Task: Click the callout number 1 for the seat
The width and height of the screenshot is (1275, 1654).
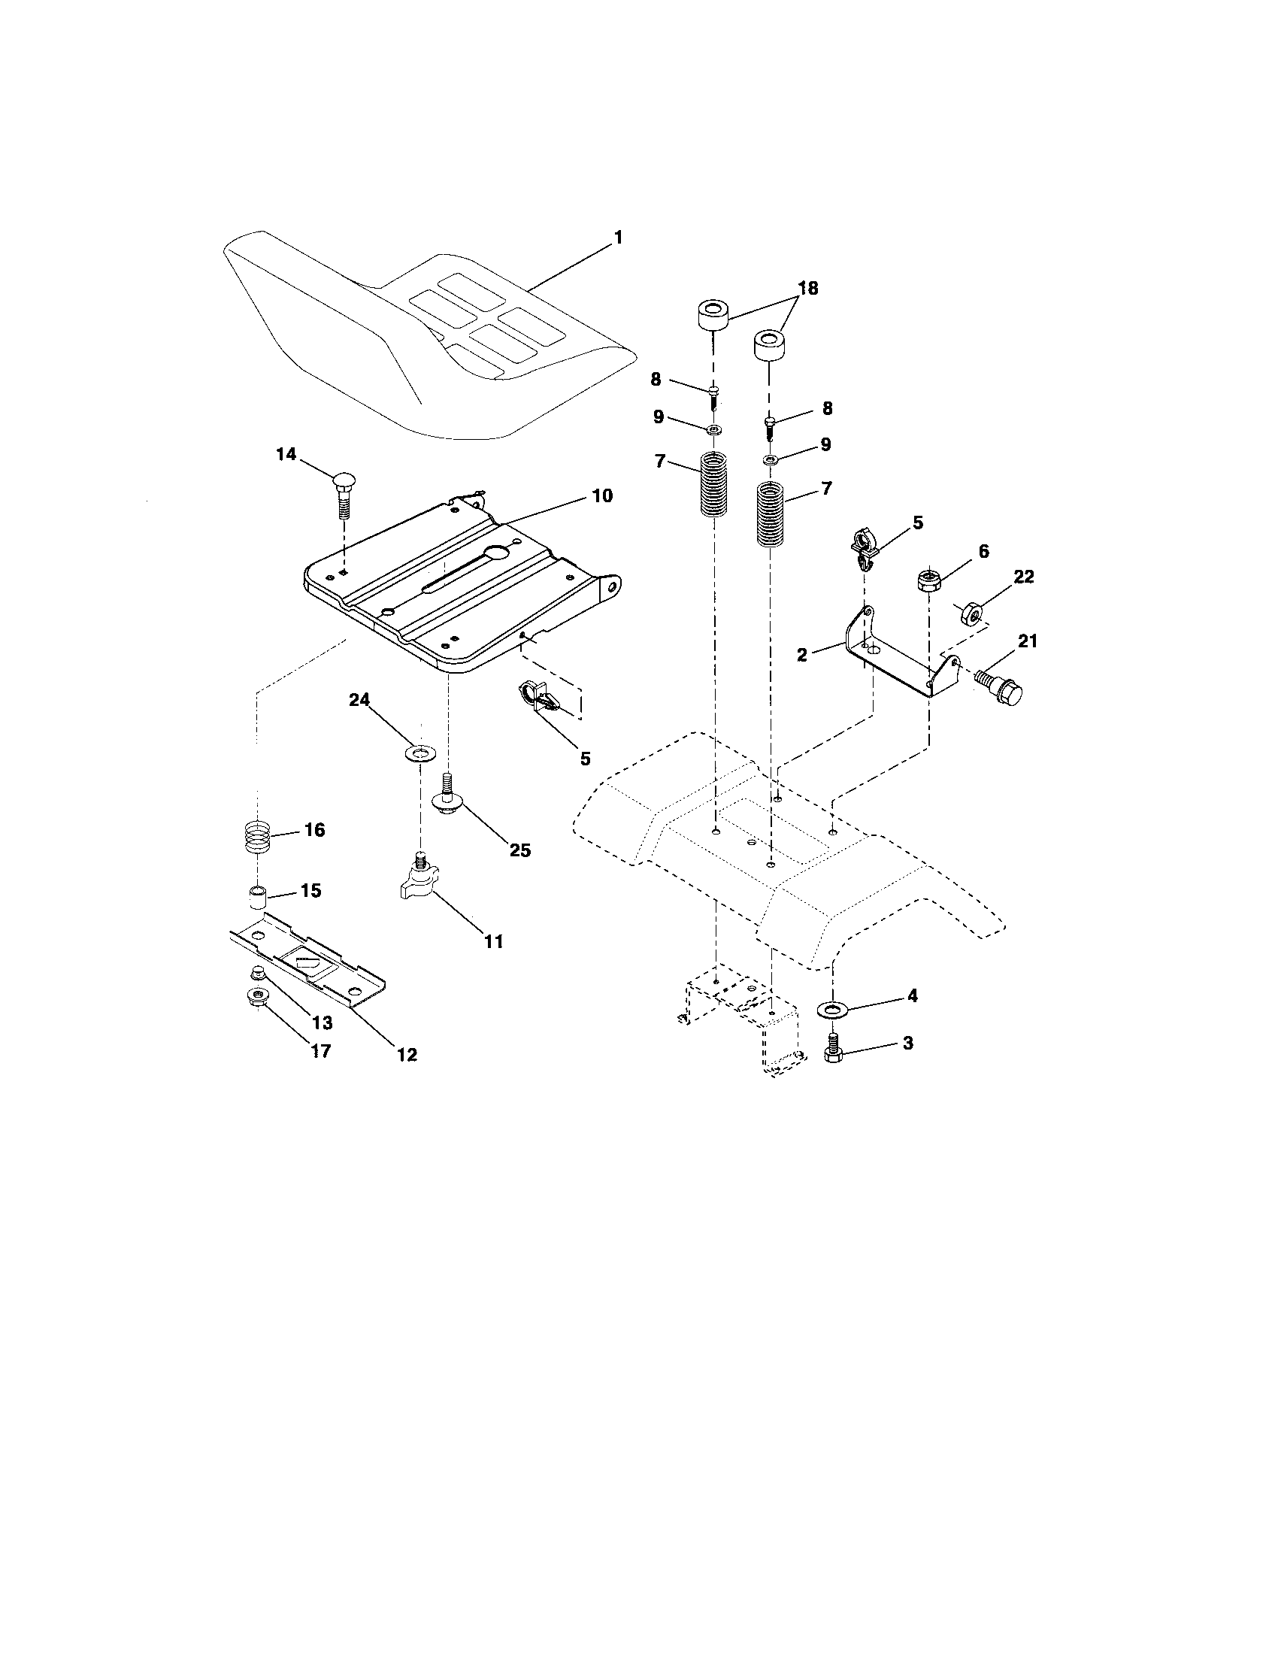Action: (618, 238)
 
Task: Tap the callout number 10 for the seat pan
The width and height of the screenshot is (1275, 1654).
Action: (602, 496)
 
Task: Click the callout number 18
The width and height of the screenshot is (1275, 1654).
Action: (808, 289)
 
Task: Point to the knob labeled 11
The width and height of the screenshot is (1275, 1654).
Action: (418, 880)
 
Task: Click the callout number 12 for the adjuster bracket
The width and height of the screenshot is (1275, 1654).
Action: (407, 1054)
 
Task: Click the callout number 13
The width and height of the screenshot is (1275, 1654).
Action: (322, 1023)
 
